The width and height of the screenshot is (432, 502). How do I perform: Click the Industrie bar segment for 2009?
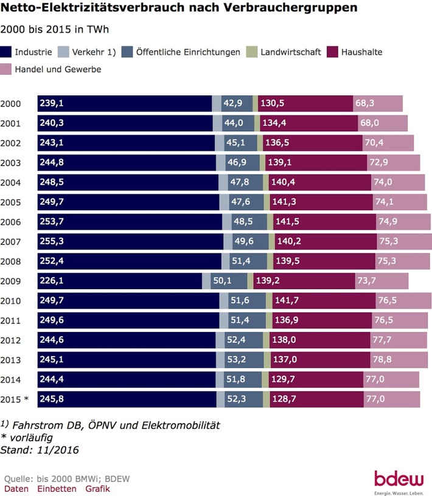coord(119,281)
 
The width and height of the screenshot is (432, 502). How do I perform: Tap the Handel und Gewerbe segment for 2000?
coord(377,104)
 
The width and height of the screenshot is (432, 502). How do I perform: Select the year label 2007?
coord(12,242)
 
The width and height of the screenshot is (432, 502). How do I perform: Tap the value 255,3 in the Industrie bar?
coord(52,242)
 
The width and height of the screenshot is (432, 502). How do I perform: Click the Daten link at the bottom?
coord(16,489)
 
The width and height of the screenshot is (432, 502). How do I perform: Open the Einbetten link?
coord(57,489)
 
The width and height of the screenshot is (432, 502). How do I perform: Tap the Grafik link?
coord(97,489)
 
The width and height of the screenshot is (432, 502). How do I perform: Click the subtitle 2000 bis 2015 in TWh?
coord(58,29)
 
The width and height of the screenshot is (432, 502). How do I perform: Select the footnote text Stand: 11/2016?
coord(40,450)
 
